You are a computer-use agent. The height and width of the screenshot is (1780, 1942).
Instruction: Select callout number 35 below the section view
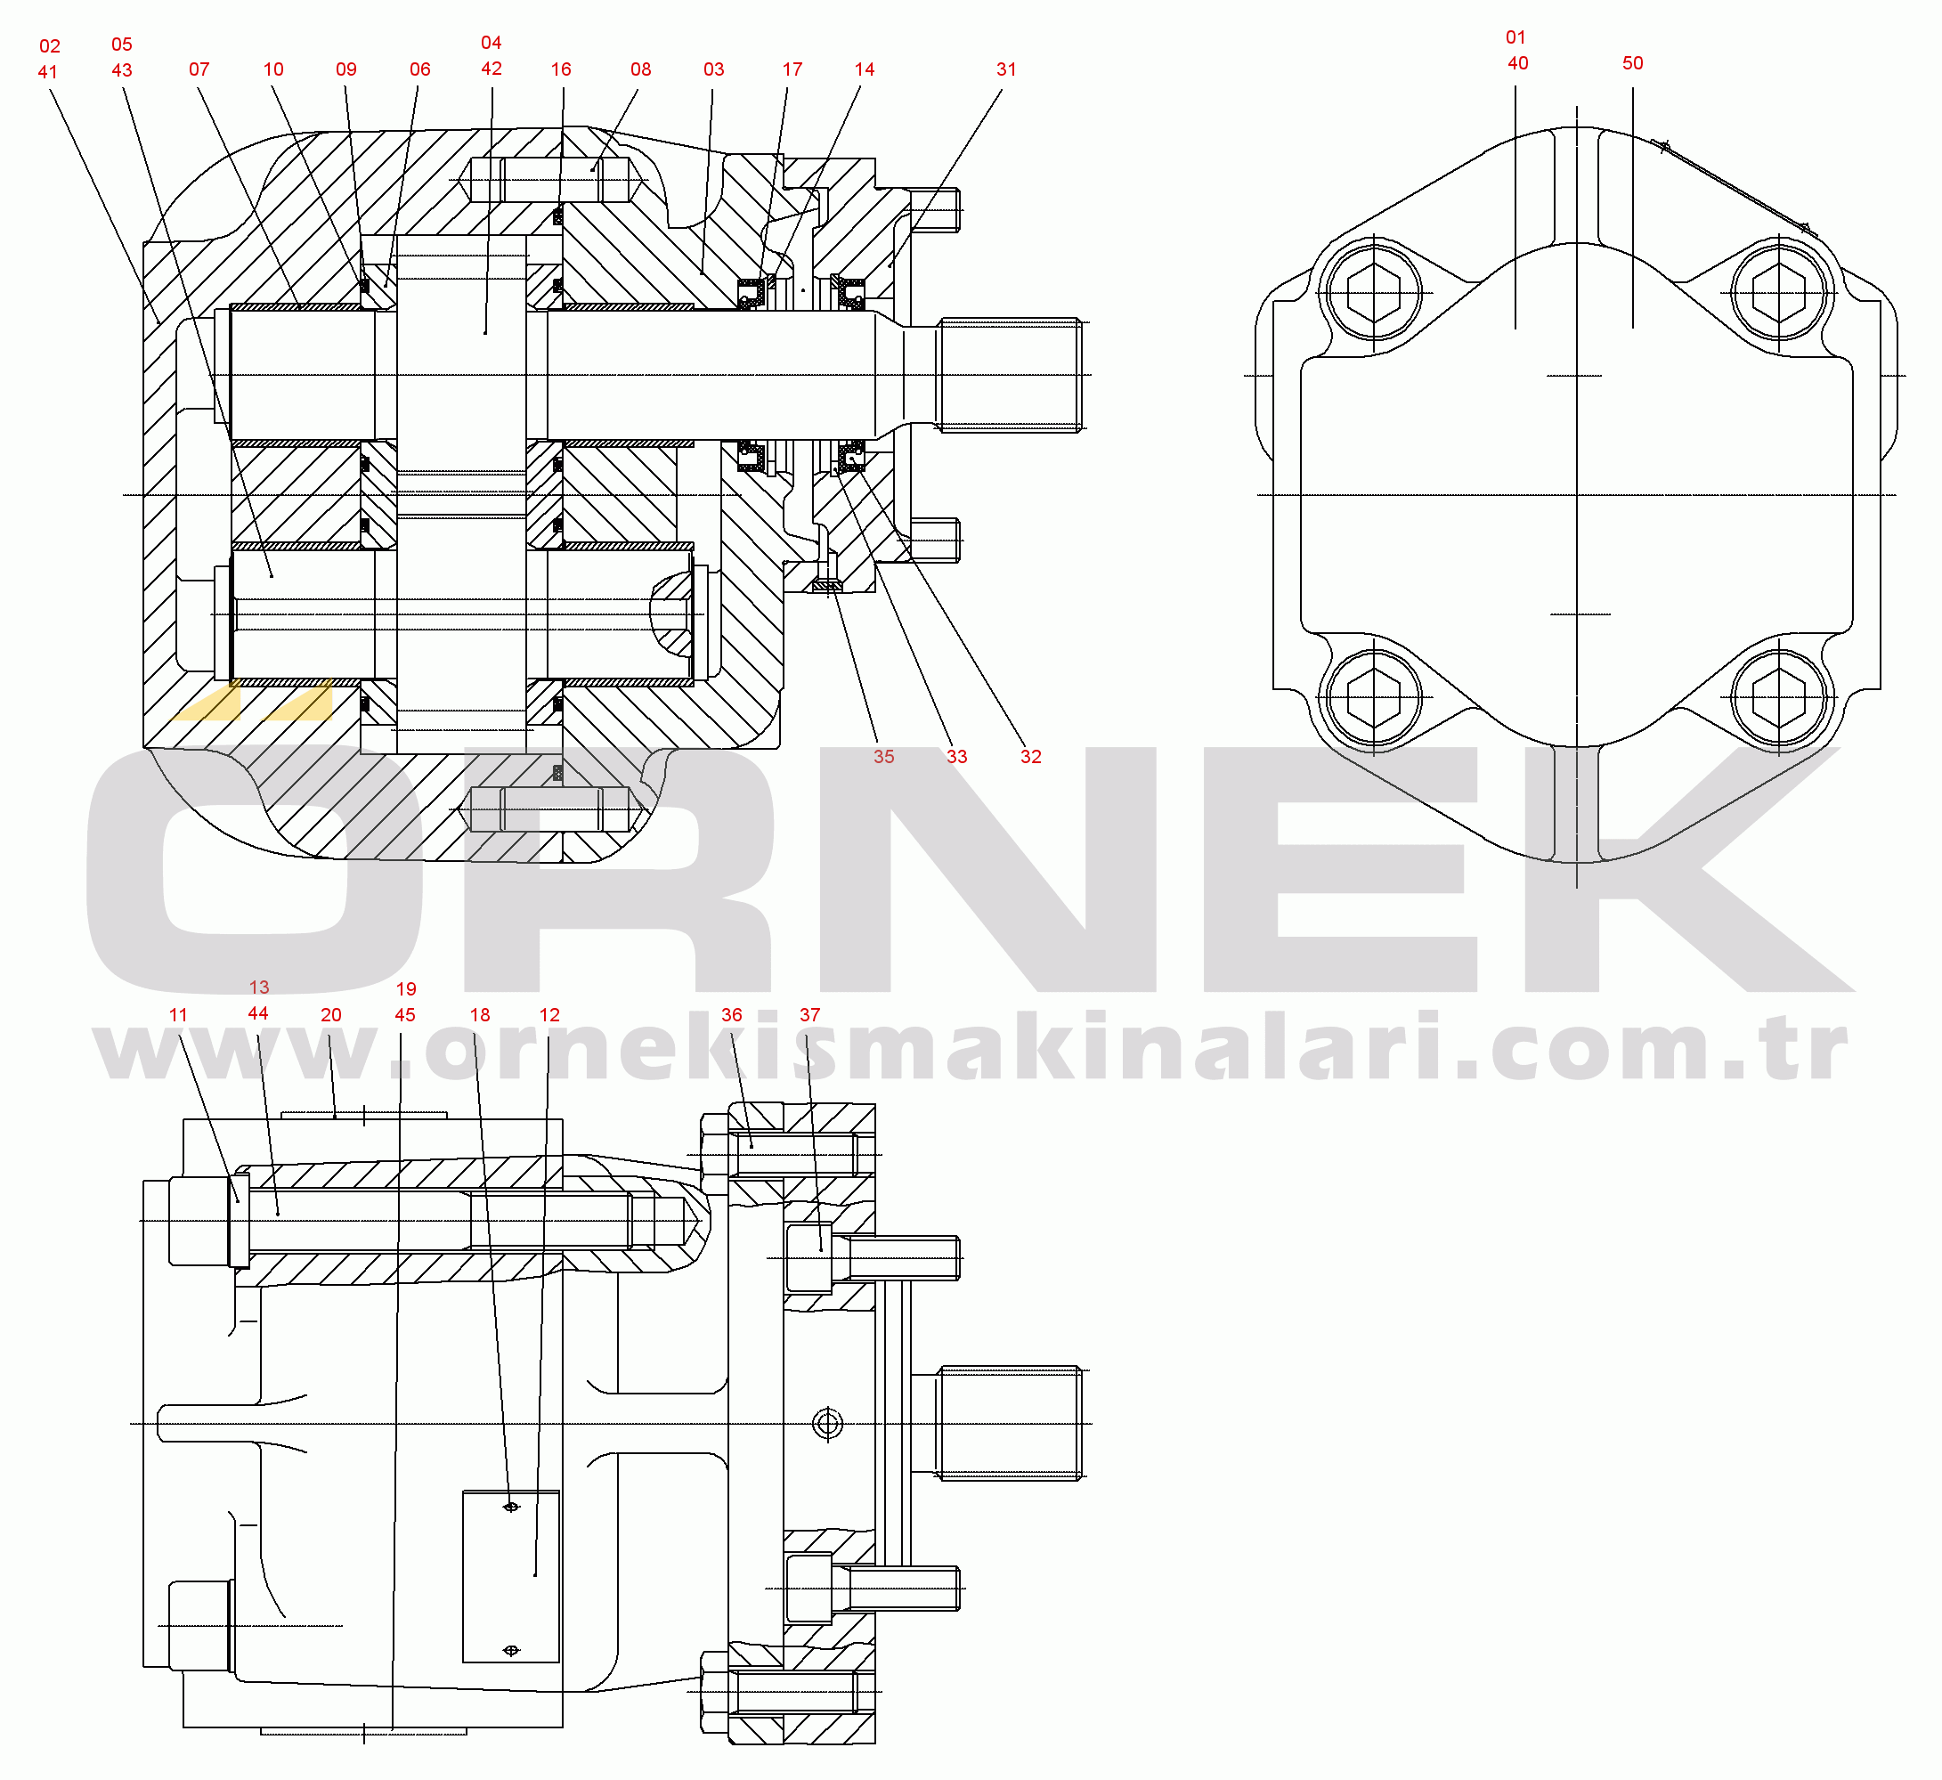tap(884, 757)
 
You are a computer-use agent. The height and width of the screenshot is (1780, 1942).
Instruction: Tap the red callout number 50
tap(1633, 62)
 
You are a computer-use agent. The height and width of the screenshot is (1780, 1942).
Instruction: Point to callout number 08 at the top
tap(640, 69)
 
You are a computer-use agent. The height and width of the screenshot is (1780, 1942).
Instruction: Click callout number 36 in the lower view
tap(732, 1015)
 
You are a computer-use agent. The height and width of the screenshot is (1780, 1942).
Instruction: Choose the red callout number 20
tap(331, 1015)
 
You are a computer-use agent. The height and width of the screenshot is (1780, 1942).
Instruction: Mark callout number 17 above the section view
tap(792, 69)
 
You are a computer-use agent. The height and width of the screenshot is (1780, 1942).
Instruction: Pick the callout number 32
tap(1032, 757)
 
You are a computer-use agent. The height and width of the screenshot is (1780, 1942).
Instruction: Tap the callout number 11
tap(178, 1015)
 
